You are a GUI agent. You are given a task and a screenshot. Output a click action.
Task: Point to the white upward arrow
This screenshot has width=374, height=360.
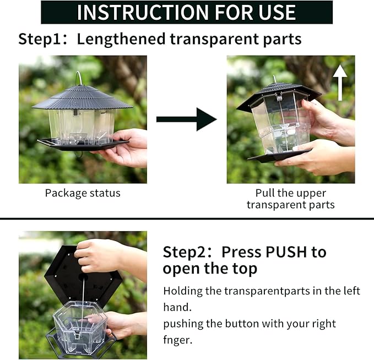point(340,83)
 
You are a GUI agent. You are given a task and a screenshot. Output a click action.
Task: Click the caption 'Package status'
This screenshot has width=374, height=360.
point(83,193)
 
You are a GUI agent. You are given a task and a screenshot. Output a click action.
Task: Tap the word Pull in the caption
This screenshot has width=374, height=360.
point(264,193)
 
